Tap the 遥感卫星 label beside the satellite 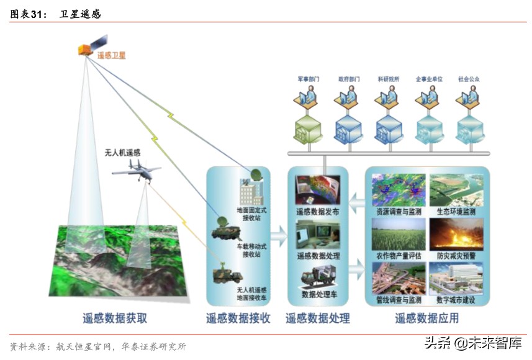point(112,55)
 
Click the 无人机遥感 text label point(122,153)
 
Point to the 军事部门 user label point(309,79)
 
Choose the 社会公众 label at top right point(469,79)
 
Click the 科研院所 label point(389,79)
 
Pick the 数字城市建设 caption point(456,300)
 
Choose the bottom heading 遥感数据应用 point(427,318)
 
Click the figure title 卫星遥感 point(80,13)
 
